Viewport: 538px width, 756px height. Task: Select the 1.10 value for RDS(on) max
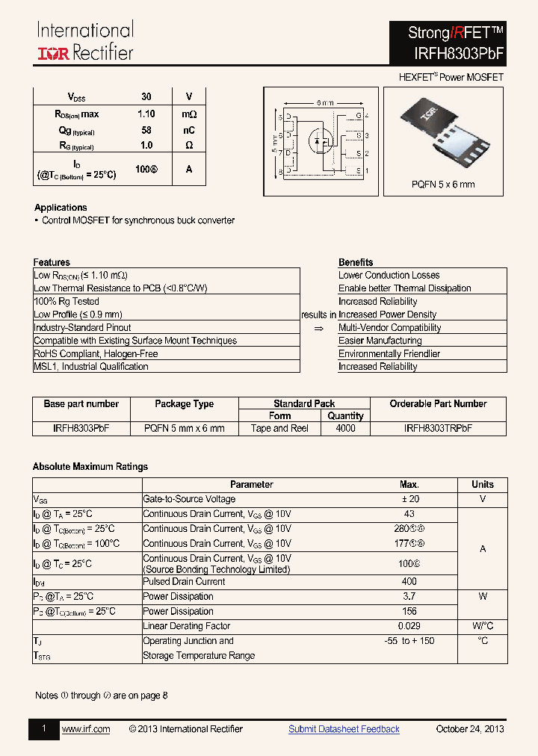pyautogui.click(x=146, y=114)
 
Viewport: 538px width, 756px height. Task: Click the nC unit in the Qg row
pyautogui.click(x=189, y=130)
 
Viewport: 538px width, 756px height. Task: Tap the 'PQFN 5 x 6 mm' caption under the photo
pyautogui.click(x=443, y=185)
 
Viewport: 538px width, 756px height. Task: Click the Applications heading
pyautogui.click(x=61, y=208)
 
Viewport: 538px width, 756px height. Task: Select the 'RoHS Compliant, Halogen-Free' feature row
pyautogui.click(x=96, y=353)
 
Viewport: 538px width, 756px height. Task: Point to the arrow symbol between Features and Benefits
pyautogui.click(x=318, y=328)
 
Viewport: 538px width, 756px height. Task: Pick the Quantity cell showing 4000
pyautogui.click(x=345, y=428)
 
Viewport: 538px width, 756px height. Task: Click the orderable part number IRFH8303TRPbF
pyautogui.click(x=438, y=428)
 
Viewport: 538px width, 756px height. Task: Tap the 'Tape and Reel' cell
pyautogui.click(x=279, y=428)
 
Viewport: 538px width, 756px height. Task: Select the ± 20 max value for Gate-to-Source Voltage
pyautogui.click(x=409, y=499)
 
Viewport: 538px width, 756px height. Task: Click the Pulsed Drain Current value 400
pyautogui.click(x=409, y=581)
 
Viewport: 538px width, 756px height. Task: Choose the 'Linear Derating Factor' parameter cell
pyautogui.click(x=186, y=626)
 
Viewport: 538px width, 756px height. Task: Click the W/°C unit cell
pyautogui.click(x=483, y=626)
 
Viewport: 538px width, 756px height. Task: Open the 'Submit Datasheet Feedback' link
pyautogui.click(x=344, y=729)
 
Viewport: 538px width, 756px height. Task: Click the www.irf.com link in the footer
pyautogui.click(x=85, y=729)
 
